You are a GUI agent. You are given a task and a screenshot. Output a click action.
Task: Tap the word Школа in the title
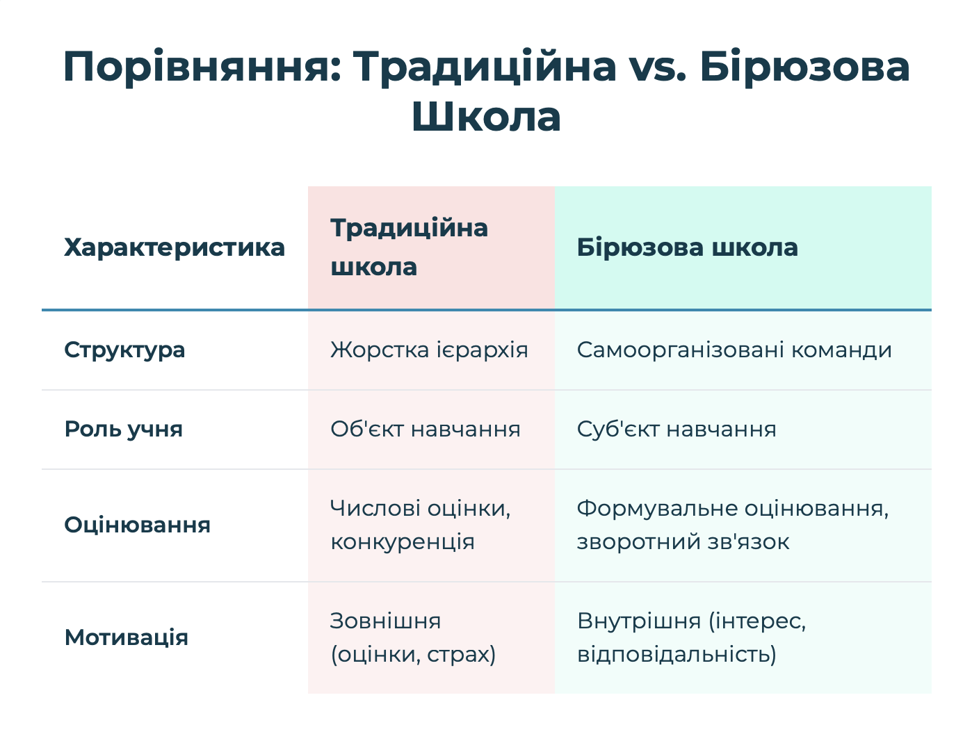pyautogui.click(x=486, y=117)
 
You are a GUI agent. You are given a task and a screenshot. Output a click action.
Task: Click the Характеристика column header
pyautogui.click(x=175, y=247)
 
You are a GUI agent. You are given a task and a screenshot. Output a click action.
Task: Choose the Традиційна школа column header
pyautogui.click(x=409, y=247)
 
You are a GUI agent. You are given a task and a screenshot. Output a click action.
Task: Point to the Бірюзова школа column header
pyautogui.click(x=687, y=247)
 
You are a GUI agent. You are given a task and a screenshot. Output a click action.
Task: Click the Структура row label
pyautogui.click(x=124, y=350)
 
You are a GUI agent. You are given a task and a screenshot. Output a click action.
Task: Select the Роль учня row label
pyautogui.click(x=124, y=429)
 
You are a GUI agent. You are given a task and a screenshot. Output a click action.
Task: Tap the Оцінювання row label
pyautogui.click(x=137, y=525)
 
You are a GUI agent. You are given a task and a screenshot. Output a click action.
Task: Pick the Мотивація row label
pyautogui.click(x=127, y=637)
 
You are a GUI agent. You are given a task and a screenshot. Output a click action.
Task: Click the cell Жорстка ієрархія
pyautogui.click(x=429, y=350)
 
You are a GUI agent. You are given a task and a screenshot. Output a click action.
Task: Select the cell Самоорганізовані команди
pyautogui.click(x=734, y=350)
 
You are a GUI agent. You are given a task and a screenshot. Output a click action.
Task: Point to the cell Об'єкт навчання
pyautogui.click(x=426, y=429)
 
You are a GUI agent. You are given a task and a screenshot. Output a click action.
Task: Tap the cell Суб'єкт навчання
pyautogui.click(x=677, y=429)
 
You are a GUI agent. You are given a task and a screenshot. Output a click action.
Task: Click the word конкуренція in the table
pyautogui.click(x=403, y=542)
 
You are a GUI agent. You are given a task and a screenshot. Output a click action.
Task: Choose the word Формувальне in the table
pyautogui.click(x=657, y=509)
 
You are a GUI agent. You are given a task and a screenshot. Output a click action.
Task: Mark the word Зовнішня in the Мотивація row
pyautogui.click(x=385, y=621)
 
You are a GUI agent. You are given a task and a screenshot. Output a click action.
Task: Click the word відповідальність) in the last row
pyautogui.click(x=677, y=654)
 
